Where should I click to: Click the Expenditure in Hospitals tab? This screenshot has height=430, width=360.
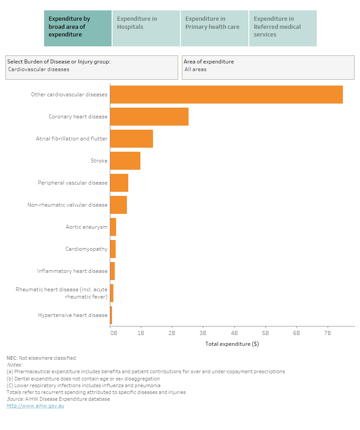tap(146, 28)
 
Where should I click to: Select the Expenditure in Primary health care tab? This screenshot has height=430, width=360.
tap(214, 28)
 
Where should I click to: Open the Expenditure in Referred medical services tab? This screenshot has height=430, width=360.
tap(283, 28)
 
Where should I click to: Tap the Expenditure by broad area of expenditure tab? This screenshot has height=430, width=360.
tap(77, 28)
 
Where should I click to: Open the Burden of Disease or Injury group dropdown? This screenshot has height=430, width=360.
tap(91, 68)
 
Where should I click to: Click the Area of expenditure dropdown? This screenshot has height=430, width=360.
tap(268, 68)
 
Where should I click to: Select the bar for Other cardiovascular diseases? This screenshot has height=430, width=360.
tap(226, 95)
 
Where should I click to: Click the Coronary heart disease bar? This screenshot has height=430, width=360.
tap(149, 117)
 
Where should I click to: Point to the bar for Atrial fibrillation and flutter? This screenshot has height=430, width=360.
tap(131, 139)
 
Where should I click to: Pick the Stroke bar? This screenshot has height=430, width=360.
tap(125, 161)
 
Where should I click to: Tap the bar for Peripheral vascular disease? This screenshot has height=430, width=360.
tap(119, 183)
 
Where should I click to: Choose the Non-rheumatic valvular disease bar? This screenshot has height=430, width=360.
tap(118, 205)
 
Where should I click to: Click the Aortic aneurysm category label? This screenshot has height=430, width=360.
tap(86, 227)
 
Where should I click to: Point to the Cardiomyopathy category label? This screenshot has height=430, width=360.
tap(86, 249)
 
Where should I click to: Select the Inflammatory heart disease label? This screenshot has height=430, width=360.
tap(72, 271)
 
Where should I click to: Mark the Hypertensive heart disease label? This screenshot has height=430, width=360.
tap(73, 315)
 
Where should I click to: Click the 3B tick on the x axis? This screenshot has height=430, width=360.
tap(203, 333)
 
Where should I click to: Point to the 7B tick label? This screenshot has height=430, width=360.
tap(327, 333)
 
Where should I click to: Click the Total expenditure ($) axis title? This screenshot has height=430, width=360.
tap(232, 344)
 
